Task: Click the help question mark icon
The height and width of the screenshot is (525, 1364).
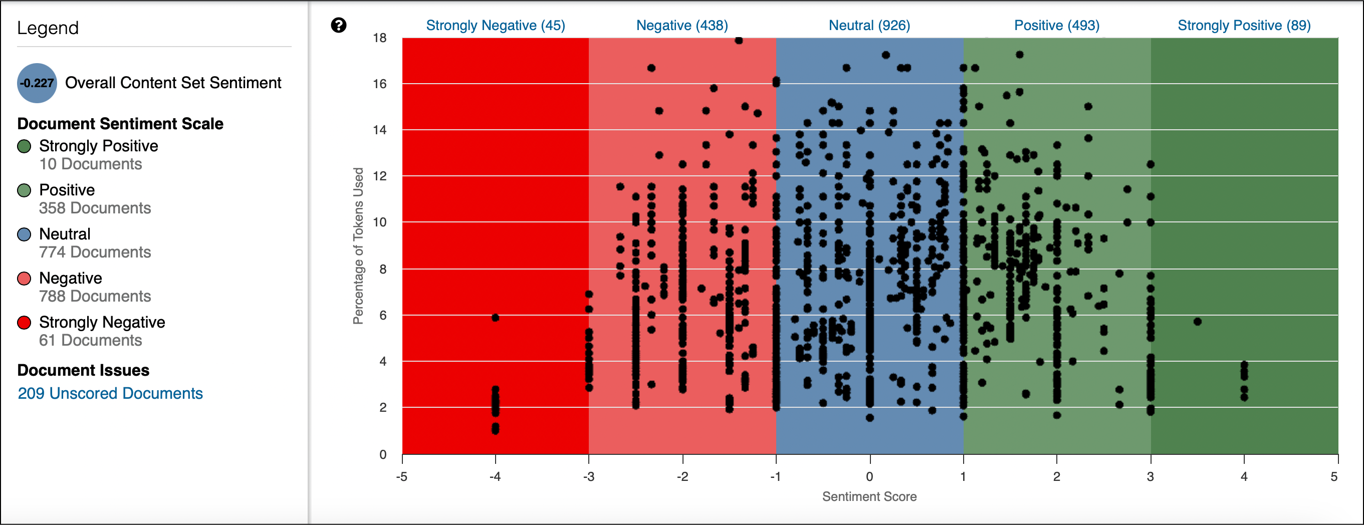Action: click(x=338, y=25)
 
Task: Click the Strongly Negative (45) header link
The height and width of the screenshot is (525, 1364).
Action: click(x=495, y=26)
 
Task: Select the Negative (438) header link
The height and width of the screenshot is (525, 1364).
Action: click(x=681, y=26)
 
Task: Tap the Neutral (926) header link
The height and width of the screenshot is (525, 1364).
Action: click(x=869, y=26)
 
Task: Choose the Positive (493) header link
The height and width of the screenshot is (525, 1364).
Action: click(x=1056, y=26)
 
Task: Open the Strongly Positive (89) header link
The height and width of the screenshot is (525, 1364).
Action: click(x=1244, y=26)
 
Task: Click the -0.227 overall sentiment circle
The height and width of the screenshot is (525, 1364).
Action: click(x=37, y=83)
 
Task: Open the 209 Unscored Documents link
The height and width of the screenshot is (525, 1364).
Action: click(x=110, y=393)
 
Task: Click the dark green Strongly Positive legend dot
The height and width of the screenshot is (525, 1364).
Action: click(x=25, y=146)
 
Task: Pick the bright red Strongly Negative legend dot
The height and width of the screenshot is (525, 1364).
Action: click(x=25, y=322)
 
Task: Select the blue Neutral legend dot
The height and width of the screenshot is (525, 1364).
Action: click(x=25, y=234)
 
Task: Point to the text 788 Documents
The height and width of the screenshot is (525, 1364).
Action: click(x=95, y=296)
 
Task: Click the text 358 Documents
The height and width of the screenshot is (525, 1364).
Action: click(x=95, y=208)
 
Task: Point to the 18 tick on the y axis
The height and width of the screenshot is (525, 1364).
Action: click(x=380, y=38)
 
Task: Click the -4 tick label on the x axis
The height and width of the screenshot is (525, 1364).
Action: click(x=495, y=476)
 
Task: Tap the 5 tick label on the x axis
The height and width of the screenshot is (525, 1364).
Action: click(x=1334, y=476)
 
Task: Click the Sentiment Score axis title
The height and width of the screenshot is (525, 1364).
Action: click(x=869, y=496)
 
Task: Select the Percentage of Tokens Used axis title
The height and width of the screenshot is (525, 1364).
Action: click(x=358, y=245)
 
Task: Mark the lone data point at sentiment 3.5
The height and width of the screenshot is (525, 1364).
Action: click(x=1197, y=321)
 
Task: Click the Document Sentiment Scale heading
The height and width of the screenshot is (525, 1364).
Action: click(x=120, y=123)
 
